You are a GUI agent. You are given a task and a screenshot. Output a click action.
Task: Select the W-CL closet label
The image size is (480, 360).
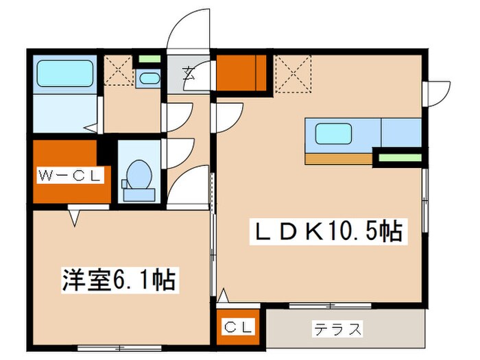(x=70, y=175)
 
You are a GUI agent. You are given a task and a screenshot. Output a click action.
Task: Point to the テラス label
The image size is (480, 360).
(x=338, y=329)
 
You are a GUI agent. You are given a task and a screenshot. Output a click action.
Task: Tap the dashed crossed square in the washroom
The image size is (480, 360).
(x=118, y=69)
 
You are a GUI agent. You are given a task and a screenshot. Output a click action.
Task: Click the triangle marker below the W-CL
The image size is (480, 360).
(x=75, y=218)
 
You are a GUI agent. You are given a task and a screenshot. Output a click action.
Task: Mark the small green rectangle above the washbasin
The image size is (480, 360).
(x=146, y=59)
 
